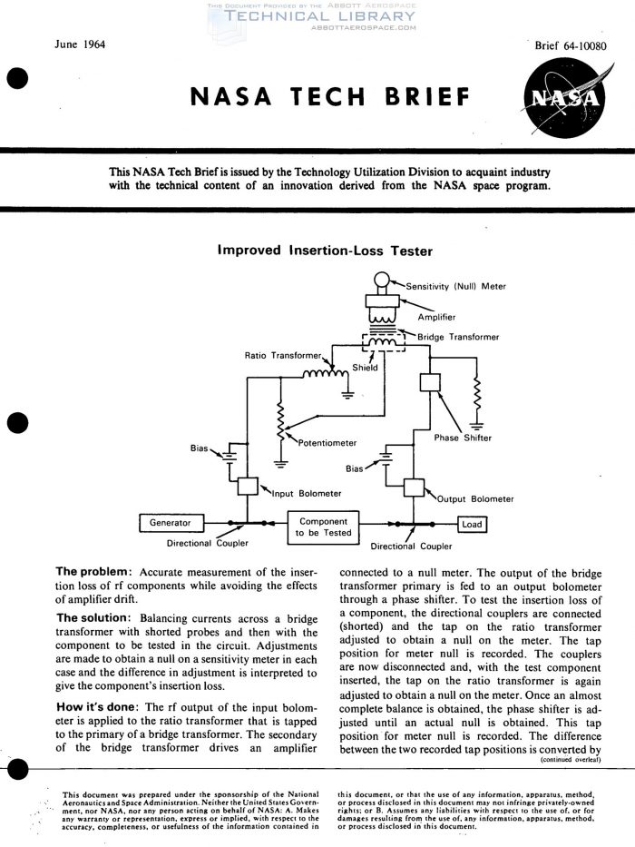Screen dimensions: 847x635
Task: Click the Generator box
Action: [170, 523]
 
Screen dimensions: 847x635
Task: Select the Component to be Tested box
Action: [323, 527]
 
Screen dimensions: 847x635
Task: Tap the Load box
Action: [472, 525]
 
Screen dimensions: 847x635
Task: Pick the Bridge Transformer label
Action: [458, 337]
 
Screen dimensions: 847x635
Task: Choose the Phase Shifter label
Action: [463, 438]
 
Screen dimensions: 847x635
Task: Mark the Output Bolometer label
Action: [475, 498]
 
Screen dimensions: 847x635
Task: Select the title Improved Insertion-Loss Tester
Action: [325, 251]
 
